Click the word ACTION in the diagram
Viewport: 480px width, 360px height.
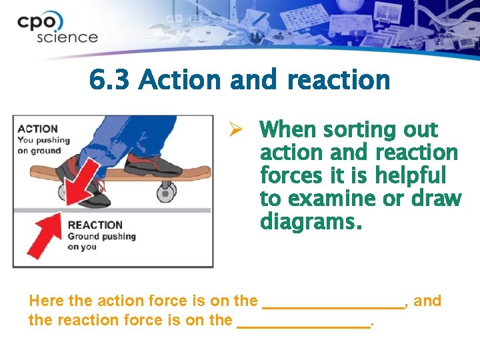(x=38, y=129)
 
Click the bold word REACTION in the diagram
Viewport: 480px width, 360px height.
(x=95, y=225)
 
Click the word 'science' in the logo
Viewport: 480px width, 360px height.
(x=67, y=37)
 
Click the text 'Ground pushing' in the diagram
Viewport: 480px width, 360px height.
(x=101, y=237)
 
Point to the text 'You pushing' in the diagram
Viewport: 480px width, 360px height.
(x=43, y=140)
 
